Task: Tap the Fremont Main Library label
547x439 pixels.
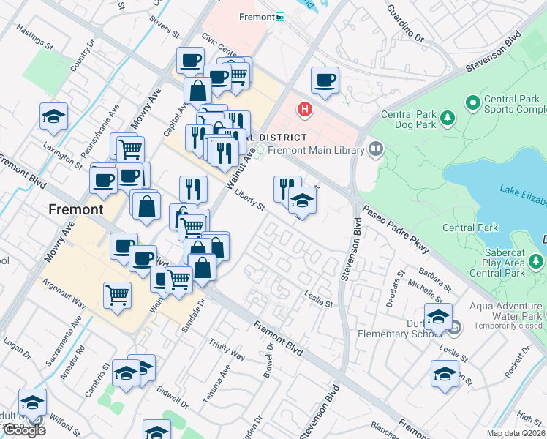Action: pos(315,151)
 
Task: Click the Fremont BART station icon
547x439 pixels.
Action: pos(279,16)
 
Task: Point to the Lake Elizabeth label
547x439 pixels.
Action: pos(522,195)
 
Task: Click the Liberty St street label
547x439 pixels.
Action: pos(250,200)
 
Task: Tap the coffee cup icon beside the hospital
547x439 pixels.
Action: pos(325,80)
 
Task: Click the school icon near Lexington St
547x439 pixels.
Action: pos(53,118)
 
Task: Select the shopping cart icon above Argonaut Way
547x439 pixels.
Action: pos(117,296)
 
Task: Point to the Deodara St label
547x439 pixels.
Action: pos(397,283)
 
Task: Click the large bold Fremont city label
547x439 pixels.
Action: pos(75,209)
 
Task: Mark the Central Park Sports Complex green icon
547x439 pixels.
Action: pos(473,102)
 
